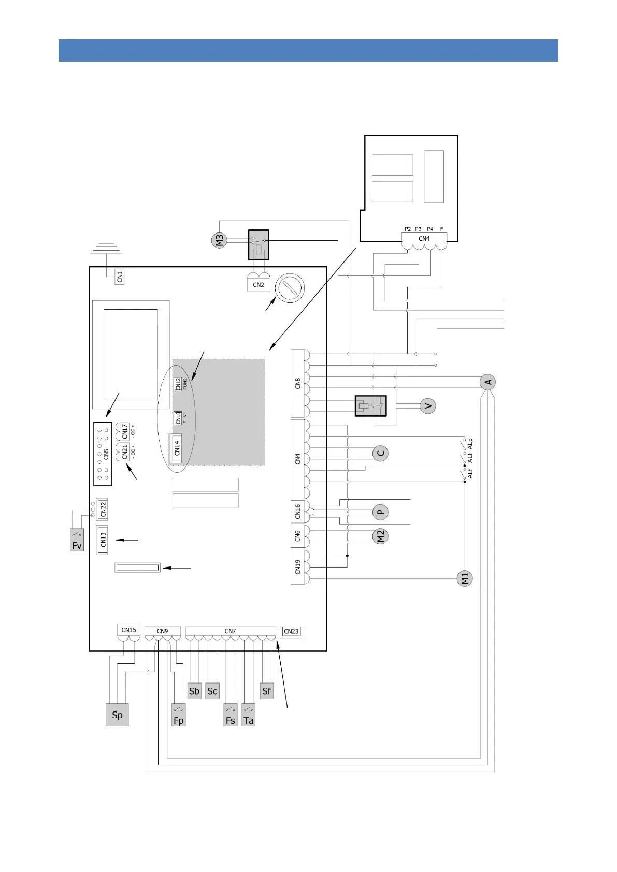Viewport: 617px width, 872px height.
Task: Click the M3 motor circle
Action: point(219,240)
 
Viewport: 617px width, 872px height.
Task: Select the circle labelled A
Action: point(487,382)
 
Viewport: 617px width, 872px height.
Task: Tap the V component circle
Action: point(427,406)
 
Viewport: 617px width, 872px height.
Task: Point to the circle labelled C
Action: point(380,454)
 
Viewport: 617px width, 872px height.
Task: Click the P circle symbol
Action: point(380,512)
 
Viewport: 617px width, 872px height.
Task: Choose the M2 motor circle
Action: point(380,536)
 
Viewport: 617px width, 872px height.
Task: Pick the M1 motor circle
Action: point(465,578)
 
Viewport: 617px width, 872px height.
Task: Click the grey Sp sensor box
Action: point(117,715)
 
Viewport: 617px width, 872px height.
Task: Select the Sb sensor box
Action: point(194,691)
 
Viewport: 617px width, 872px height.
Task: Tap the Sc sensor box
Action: point(212,691)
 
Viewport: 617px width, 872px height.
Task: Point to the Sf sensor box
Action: point(267,691)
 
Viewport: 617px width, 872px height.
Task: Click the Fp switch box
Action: point(179,715)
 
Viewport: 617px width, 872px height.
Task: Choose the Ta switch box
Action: point(249,715)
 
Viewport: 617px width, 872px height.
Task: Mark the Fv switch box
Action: point(77,540)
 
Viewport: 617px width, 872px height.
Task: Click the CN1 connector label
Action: point(120,277)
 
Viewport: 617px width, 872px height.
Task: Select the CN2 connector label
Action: point(259,285)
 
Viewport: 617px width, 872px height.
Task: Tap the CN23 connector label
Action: point(291,632)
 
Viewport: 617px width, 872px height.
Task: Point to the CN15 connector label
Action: point(128,630)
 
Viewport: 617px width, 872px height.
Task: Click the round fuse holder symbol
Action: point(290,288)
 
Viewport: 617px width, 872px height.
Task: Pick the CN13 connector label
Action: point(103,540)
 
